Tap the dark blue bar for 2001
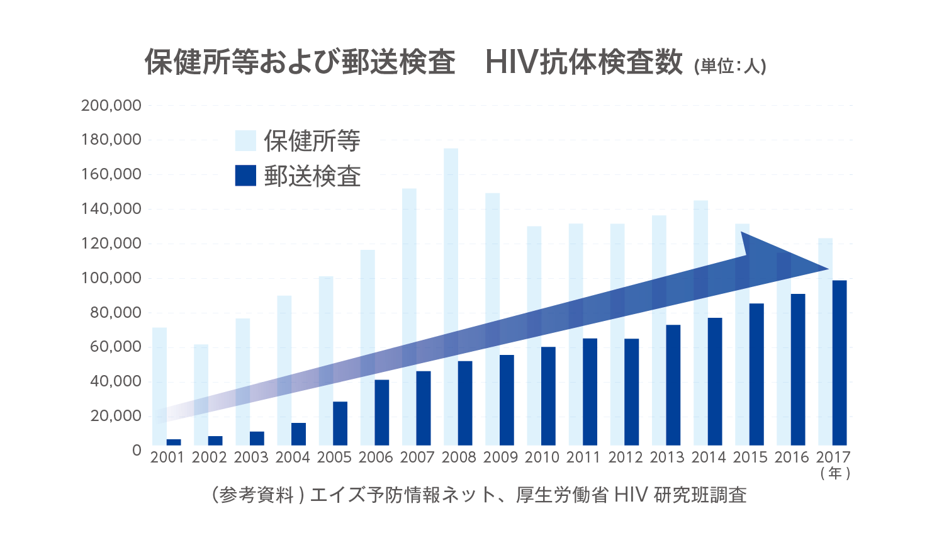coord(174,442)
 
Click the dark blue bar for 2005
coord(340,423)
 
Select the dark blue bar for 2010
coord(548,396)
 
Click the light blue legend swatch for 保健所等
coord(245,141)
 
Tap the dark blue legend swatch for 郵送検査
coord(245,176)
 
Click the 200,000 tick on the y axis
coord(111,106)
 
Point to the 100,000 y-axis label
coord(111,278)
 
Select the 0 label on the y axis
coord(137,451)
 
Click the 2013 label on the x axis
coord(666,458)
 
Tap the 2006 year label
coord(376,458)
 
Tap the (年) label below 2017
coord(835,473)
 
